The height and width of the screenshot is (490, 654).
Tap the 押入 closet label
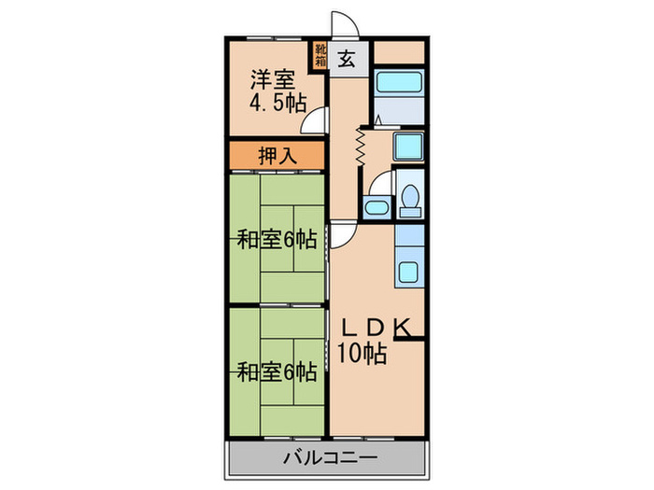[x=277, y=156]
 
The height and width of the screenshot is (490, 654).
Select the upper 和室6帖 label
[x=276, y=239]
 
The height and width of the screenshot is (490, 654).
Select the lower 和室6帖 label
[x=276, y=372]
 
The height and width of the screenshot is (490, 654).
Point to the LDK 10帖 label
[x=374, y=341]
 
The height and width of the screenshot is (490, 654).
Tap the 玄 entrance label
[x=345, y=58]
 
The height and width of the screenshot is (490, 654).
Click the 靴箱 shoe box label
[x=320, y=57]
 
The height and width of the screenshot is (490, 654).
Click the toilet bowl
[x=410, y=201]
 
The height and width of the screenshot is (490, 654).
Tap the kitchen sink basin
[x=409, y=272]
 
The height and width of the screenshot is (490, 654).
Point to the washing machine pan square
[x=408, y=147]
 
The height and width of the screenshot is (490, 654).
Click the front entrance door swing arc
[x=342, y=25]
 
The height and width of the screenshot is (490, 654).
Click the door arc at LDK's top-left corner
[x=340, y=236]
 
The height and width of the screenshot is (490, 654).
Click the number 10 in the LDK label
[x=348, y=353]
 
